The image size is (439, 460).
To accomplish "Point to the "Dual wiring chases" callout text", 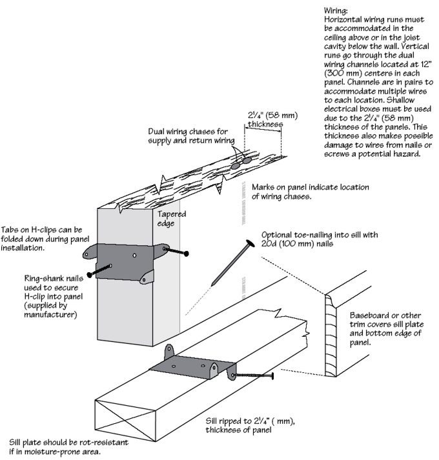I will coord(188,136).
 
